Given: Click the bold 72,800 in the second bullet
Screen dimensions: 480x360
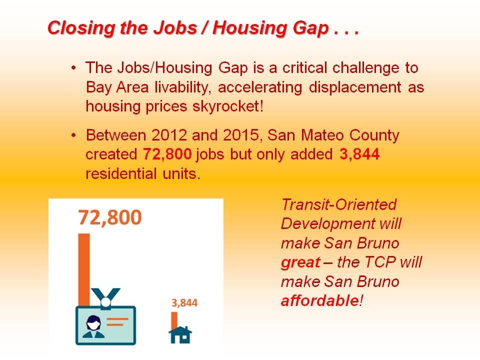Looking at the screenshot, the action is [x=167, y=154].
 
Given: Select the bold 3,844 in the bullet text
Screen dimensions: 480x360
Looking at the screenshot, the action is [x=359, y=154].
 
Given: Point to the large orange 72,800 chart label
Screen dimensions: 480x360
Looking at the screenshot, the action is [x=110, y=217].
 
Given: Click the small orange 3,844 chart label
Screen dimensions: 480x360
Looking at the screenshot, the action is [x=184, y=303].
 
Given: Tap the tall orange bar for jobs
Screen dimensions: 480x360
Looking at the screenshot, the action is [x=84, y=270].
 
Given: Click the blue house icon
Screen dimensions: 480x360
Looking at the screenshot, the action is [x=180, y=335].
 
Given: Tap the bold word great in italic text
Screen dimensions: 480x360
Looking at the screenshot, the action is [x=300, y=263].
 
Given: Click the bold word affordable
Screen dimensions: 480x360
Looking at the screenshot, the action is [x=320, y=301].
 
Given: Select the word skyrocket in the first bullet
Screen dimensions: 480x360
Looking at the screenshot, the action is [x=226, y=106].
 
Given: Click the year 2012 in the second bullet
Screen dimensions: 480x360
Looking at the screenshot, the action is [x=169, y=135].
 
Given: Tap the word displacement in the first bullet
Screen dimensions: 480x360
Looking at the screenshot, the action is [x=355, y=87].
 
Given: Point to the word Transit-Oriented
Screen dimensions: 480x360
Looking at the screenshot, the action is [x=339, y=205].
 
